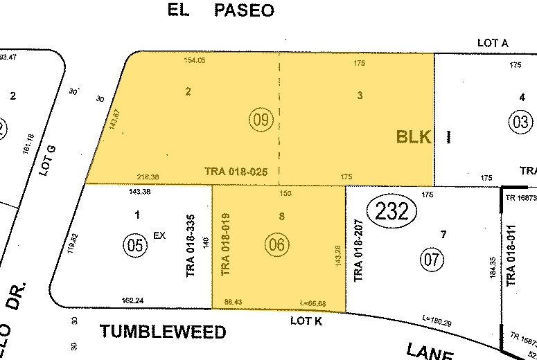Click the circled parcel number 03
522,123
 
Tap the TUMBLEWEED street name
164,332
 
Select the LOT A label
493,43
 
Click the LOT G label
46,161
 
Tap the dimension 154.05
195,61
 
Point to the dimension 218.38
149,177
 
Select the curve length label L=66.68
313,303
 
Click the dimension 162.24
132,301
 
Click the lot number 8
281,216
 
